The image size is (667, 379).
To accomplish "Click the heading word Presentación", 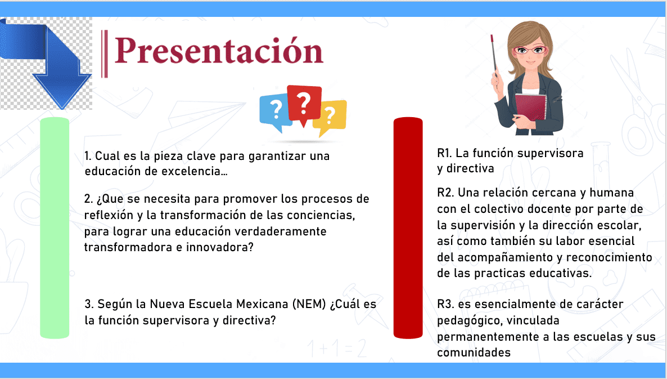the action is (x=219, y=51).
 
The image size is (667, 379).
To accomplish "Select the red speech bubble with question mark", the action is (x=304, y=104).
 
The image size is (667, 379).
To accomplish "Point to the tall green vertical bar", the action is (x=55, y=228).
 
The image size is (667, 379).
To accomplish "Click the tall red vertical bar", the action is (x=408, y=228).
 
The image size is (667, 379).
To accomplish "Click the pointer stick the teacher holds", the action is (x=494, y=57).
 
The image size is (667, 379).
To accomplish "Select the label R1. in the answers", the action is (x=444, y=153).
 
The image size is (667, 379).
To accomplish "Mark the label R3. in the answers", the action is (x=445, y=304).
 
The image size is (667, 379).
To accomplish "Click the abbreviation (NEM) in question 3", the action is (x=309, y=304).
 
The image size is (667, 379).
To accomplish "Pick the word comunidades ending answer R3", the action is (x=474, y=353).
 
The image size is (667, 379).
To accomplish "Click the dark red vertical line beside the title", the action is (x=104, y=53).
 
